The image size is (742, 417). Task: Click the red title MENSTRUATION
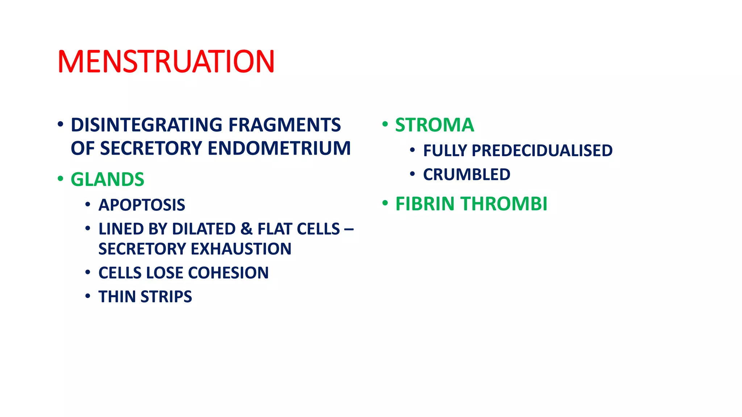166,62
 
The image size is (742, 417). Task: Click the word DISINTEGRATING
147,125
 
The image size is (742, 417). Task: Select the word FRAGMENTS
284,125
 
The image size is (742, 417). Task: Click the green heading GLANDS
107,180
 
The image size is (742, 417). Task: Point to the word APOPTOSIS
142,205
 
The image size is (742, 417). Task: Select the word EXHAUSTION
241,249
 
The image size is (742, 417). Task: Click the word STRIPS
166,297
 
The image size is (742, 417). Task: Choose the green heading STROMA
434,125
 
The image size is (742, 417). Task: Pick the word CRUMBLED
467,175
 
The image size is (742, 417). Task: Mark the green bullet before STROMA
385,125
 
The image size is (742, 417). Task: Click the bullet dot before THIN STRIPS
88,296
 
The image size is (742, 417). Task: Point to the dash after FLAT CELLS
349,229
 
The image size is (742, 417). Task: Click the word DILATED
204,229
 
